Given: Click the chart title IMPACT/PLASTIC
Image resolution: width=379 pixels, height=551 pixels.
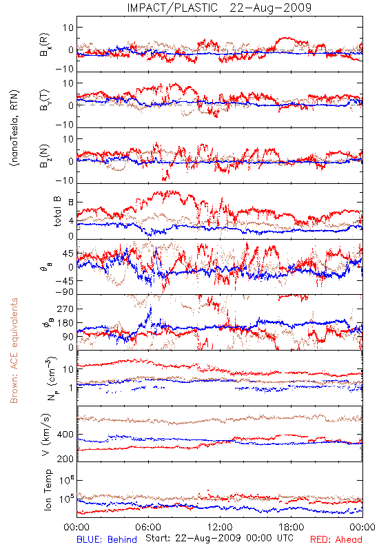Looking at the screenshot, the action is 172,8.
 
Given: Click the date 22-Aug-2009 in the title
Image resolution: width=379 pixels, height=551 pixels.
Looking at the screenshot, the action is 271,8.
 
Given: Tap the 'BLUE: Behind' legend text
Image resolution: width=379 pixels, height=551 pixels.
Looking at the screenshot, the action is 107,539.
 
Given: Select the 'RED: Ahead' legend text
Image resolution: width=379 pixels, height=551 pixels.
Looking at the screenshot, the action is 336,539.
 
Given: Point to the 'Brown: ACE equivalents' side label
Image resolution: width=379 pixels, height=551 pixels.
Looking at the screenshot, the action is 14,351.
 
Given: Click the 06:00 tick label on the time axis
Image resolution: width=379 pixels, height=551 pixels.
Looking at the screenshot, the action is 148,527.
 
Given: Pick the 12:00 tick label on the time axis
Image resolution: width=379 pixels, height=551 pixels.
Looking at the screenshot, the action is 220,527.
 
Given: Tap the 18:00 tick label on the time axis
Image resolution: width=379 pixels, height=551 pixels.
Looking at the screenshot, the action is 291,527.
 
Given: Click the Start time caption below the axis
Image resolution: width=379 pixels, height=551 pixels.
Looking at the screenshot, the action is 219,538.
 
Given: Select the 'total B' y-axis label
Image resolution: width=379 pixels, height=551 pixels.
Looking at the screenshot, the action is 57,211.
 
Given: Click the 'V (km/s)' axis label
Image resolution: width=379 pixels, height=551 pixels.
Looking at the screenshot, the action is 46,435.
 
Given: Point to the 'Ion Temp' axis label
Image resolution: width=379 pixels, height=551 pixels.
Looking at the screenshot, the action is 48,490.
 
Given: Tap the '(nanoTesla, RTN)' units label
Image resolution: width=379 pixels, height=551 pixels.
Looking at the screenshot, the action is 14,128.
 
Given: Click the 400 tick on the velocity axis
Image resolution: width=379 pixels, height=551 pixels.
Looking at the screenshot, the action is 65,435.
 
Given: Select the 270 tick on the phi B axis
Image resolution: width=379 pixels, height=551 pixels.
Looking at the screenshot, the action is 65,309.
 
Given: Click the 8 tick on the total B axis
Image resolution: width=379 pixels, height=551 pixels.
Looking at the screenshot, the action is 71,202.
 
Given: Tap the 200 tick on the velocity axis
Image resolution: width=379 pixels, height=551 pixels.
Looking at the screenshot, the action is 65,459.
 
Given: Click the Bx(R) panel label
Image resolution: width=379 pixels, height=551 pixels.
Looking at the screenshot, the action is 44,45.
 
